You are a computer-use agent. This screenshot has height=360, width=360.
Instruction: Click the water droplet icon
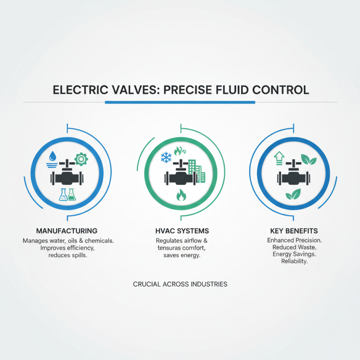(x=54, y=156)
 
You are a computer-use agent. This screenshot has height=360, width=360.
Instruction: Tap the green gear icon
(x=81, y=159)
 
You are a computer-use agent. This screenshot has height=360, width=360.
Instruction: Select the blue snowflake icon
(x=166, y=157)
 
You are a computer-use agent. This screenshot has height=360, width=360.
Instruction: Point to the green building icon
(x=195, y=171)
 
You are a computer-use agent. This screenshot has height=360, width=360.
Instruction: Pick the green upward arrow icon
(x=279, y=157)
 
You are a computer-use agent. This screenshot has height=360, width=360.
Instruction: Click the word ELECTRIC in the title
(x=79, y=90)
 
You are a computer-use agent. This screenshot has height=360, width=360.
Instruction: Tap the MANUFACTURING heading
(x=67, y=231)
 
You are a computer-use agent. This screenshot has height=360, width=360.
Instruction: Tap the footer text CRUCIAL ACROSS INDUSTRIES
(x=180, y=284)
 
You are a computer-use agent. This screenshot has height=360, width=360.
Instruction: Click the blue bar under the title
(x=180, y=102)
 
